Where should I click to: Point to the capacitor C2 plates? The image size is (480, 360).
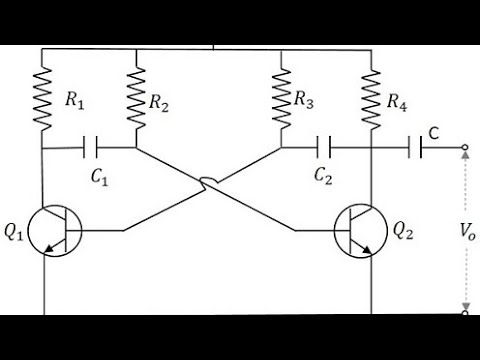(324, 150)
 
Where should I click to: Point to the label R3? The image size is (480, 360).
(306, 100)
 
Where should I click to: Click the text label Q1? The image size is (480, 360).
(14, 232)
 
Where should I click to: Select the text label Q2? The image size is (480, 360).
(401, 231)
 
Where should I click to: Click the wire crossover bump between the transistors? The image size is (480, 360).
(208, 182)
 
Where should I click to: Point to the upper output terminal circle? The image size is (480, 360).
(465, 150)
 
